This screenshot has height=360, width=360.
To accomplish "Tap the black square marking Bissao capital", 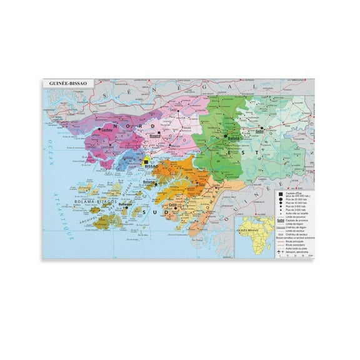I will [145, 160].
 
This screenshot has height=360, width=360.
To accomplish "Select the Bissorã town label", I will [155, 134].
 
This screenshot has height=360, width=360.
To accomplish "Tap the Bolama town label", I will [149, 182].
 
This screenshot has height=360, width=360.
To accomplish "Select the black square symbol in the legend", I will [279, 194].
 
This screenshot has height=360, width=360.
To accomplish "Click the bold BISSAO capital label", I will [152, 167].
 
